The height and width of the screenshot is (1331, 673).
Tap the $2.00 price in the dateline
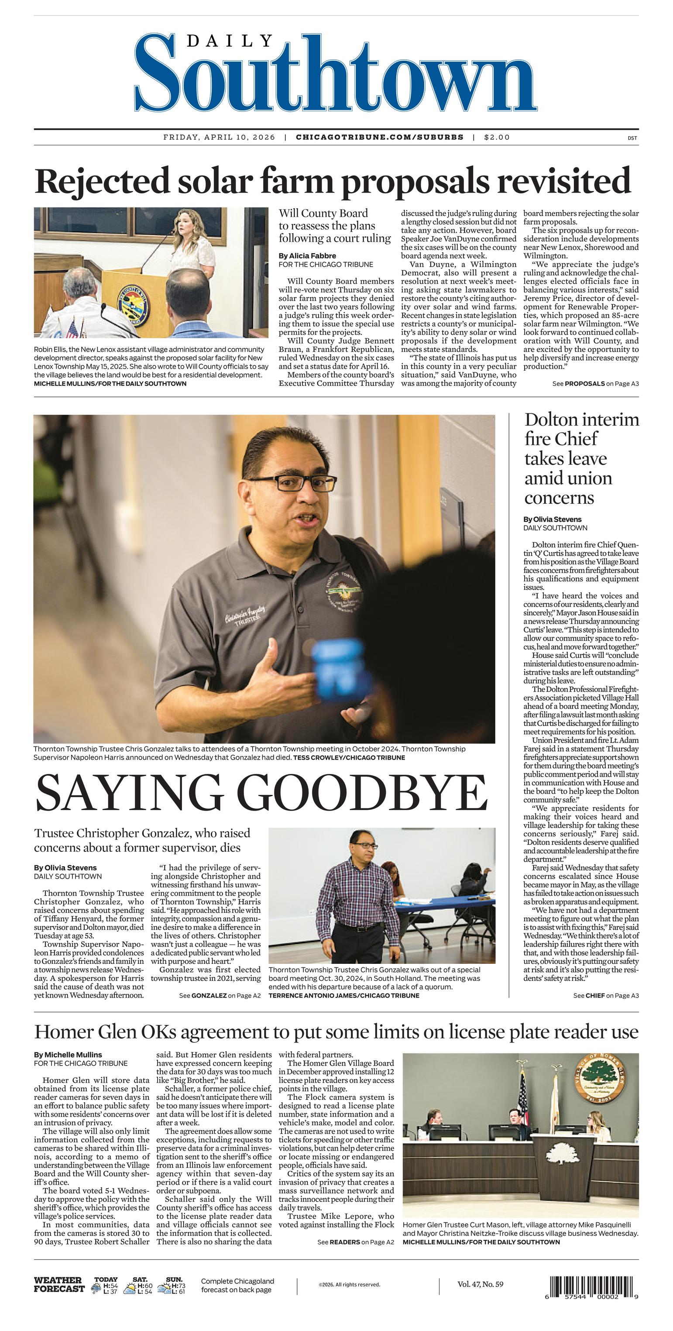click(497, 138)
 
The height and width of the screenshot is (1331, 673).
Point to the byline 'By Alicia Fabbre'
click(307, 256)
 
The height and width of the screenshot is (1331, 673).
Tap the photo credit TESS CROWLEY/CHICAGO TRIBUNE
click(349, 757)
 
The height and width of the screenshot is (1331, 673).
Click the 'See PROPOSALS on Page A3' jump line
click(595, 383)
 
